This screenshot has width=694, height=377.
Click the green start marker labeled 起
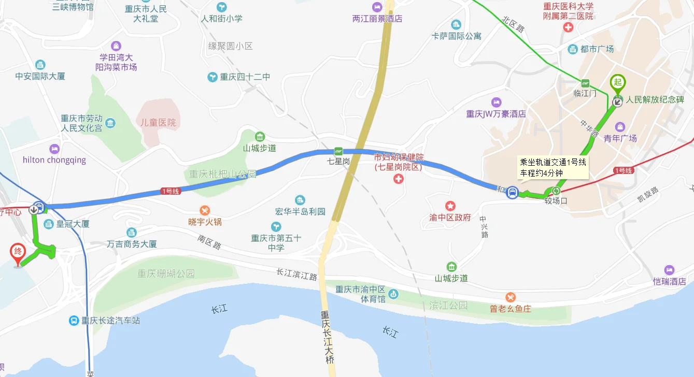coord(617,82)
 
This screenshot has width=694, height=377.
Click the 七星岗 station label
coord(338,162)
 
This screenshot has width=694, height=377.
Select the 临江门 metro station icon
coord(585,83)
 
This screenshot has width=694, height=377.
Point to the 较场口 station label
coord(556,201)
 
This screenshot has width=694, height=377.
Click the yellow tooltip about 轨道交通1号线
coord(553,167)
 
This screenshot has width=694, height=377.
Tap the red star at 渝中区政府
coord(450,206)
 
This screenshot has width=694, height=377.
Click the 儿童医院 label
coord(158,123)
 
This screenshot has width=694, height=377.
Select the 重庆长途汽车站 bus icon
coord(74,321)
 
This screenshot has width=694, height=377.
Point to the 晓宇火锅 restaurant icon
coord(205,210)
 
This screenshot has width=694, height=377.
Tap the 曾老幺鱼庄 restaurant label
coord(511,309)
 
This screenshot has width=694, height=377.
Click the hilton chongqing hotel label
coord(54,160)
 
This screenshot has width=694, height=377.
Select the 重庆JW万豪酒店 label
coord(496,114)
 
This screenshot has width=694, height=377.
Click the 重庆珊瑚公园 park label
coord(166,273)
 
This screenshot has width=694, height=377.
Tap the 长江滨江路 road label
coord(296,274)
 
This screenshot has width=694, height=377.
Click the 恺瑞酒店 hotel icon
coord(669,270)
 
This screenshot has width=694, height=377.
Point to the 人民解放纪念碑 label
coord(655,99)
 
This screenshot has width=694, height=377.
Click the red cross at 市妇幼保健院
coord(398,179)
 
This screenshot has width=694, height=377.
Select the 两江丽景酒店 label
coord(377,19)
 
